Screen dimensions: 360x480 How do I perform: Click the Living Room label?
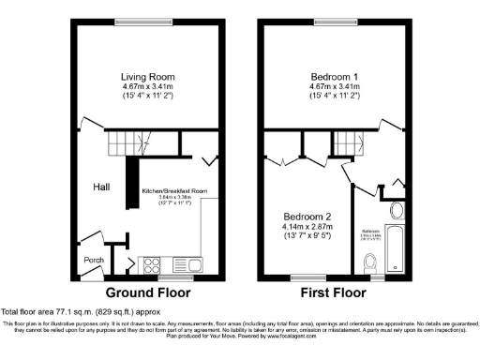tap(148, 76)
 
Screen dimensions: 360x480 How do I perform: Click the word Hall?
tap(101, 187)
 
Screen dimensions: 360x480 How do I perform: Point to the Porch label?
tap(95, 261)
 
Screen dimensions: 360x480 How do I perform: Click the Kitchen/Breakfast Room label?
tap(172, 190)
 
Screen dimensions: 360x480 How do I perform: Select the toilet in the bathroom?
tap(372, 262)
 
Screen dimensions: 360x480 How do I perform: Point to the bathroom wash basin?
tap(395, 209)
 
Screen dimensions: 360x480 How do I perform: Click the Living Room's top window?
tap(148, 22)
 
